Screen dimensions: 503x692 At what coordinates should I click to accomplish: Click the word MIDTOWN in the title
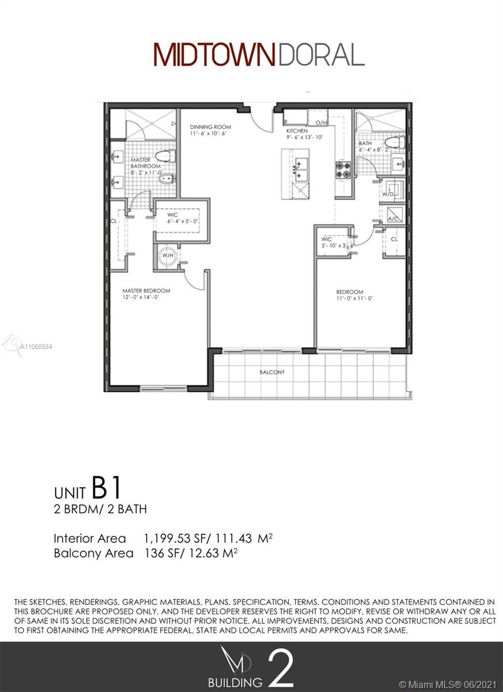click(214, 55)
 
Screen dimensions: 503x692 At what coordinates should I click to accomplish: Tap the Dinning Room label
click(210, 127)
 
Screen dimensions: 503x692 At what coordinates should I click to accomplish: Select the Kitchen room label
click(297, 131)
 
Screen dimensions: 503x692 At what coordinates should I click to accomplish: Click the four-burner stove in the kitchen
click(343, 170)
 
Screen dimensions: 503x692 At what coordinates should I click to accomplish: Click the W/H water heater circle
click(168, 255)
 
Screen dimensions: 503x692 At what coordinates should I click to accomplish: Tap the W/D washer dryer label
click(388, 194)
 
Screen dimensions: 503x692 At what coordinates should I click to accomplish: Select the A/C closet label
click(393, 219)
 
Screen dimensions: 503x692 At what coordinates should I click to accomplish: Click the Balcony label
click(272, 373)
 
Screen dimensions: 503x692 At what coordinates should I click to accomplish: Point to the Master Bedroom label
click(146, 291)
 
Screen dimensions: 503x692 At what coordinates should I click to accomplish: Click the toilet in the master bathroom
click(165, 155)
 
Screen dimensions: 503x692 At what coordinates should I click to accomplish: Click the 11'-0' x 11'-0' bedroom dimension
click(354, 299)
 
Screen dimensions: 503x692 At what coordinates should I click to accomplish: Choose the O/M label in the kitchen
click(322, 123)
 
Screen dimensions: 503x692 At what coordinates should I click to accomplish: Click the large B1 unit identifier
click(105, 488)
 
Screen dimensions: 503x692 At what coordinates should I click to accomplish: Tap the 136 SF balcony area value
click(162, 553)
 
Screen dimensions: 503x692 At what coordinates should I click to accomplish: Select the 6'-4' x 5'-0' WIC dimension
click(183, 221)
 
